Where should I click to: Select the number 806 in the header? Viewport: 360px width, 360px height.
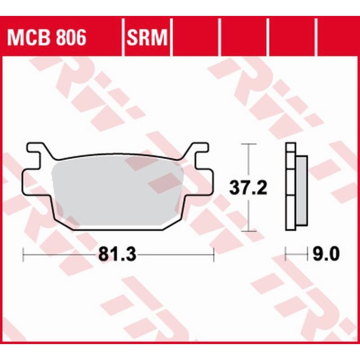[69, 37]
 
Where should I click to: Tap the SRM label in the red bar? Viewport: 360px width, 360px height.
[147, 37]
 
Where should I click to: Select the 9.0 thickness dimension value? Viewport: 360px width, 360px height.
[326, 255]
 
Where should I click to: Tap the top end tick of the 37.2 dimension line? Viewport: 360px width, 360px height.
[248, 144]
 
